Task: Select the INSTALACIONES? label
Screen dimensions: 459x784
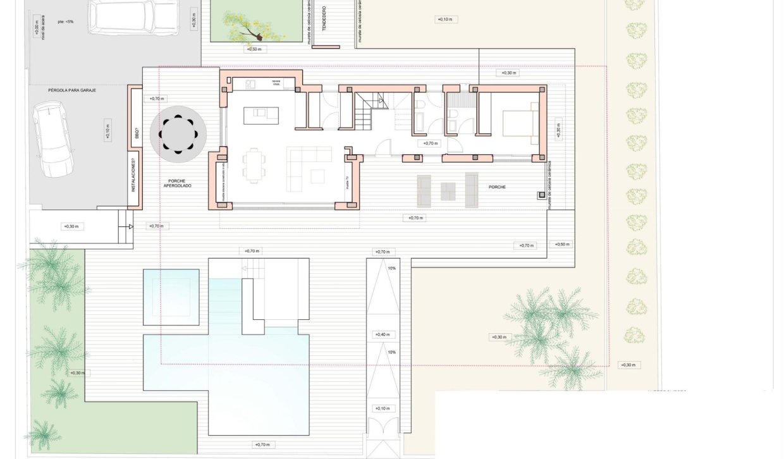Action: [x=133, y=176]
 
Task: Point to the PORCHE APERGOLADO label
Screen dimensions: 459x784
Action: [x=178, y=183]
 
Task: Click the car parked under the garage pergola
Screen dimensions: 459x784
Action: [x=53, y=139]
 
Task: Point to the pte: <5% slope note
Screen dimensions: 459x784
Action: [x=65, y=21]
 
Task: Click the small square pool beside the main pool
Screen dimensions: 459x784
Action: [x=171, y=297]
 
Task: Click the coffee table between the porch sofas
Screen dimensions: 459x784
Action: [x=448, y=190]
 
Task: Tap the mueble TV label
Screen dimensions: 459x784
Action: [x=347, y=182]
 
